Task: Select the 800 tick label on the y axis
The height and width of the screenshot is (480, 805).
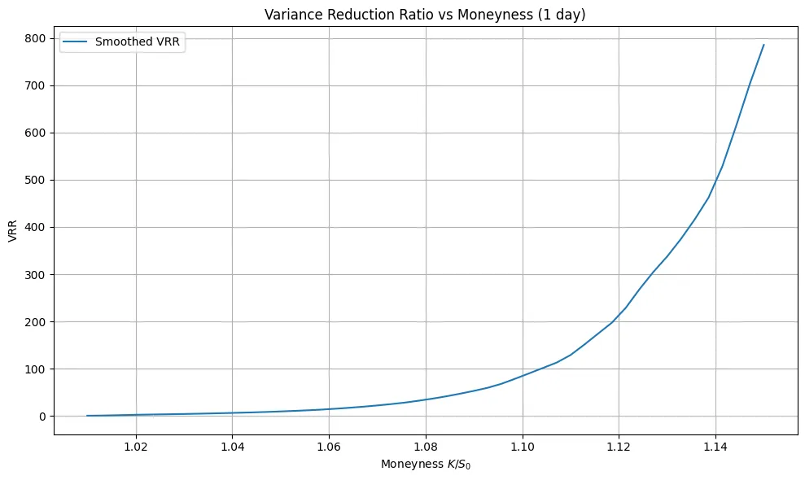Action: tap(36, 38)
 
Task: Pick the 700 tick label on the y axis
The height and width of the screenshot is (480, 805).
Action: tap(36, 85)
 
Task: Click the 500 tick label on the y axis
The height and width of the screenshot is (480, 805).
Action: tap(36, 180)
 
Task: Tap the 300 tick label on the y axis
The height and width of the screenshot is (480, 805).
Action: tap(36, 274)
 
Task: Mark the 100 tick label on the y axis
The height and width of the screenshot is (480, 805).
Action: tap(36, 369)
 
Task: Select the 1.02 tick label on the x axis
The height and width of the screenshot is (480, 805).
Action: tap(136, 447)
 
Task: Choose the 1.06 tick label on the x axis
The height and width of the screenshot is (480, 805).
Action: tap(329, 447)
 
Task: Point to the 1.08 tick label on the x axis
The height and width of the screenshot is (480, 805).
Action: tap(426, 447)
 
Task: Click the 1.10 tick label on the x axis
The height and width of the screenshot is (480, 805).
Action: tap(523, 447)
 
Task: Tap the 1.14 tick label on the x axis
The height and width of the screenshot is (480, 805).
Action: tap(715, 447)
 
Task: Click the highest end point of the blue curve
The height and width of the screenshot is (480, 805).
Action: tap(763, 45)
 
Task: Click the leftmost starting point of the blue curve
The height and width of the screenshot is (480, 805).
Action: tap(87, 416)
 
